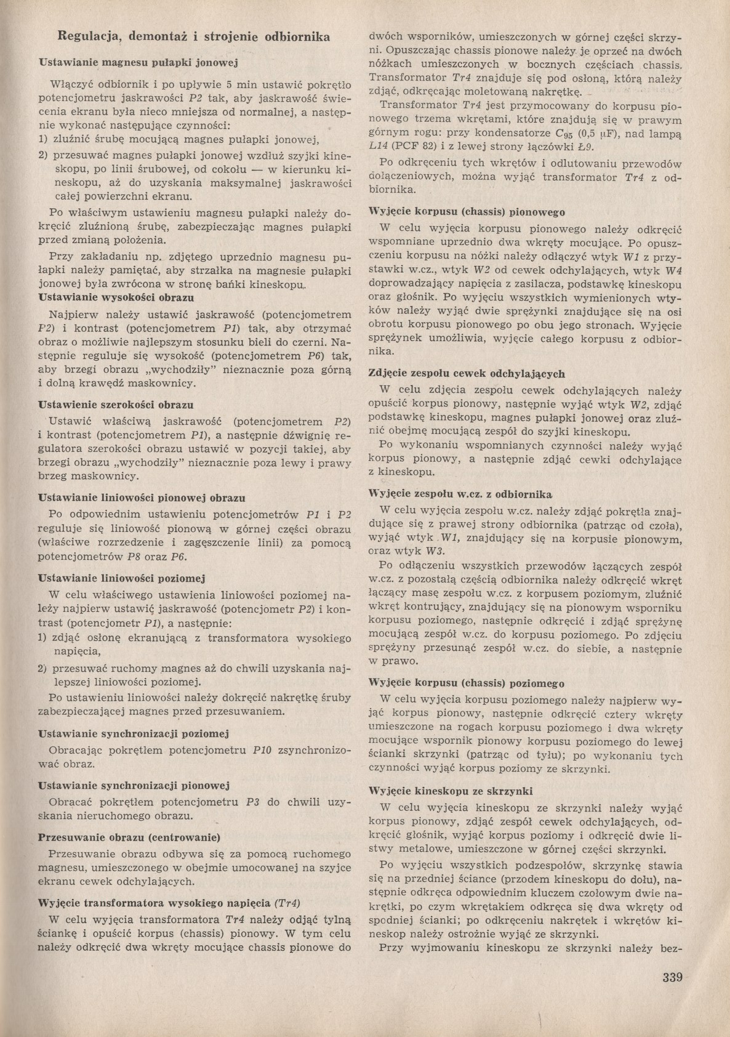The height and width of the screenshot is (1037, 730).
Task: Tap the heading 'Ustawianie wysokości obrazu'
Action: (116, 297)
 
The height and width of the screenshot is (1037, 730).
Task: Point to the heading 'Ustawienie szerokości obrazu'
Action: (116, 405)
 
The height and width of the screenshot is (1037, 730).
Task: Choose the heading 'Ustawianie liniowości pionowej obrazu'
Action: (142, 497)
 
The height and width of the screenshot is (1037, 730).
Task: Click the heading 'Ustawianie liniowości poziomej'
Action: (121, 578)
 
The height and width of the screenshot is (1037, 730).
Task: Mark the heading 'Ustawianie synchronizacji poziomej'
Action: (134, 733)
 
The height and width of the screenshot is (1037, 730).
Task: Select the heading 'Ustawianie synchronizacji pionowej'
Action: (134, 785)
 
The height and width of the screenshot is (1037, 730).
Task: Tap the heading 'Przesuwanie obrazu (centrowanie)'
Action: (129, 837)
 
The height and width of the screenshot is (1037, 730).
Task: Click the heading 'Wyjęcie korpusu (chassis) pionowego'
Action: (467, 212)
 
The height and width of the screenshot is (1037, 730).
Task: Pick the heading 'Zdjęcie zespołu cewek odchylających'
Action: (467, 374)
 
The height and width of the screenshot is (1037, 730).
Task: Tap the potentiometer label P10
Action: (262, 750)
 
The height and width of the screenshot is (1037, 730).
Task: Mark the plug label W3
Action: (435, 551)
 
